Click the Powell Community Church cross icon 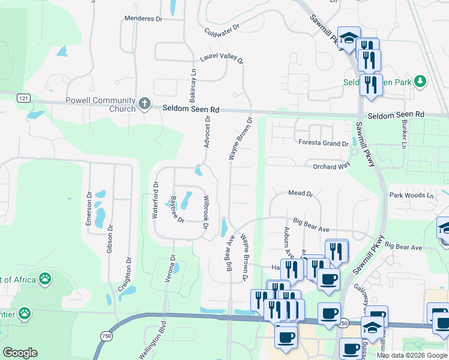[x=144, y=104]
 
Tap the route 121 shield [x=23, y=98]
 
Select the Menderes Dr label [x=143, y=19]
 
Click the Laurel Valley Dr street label [x=221, y=59]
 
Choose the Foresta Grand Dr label [x=324, y=143]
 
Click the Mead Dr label [x=301, y=194]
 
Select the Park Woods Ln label [x=411, y=196]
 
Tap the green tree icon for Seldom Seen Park [x=421, y=82]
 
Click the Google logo [x=20, y=353]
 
